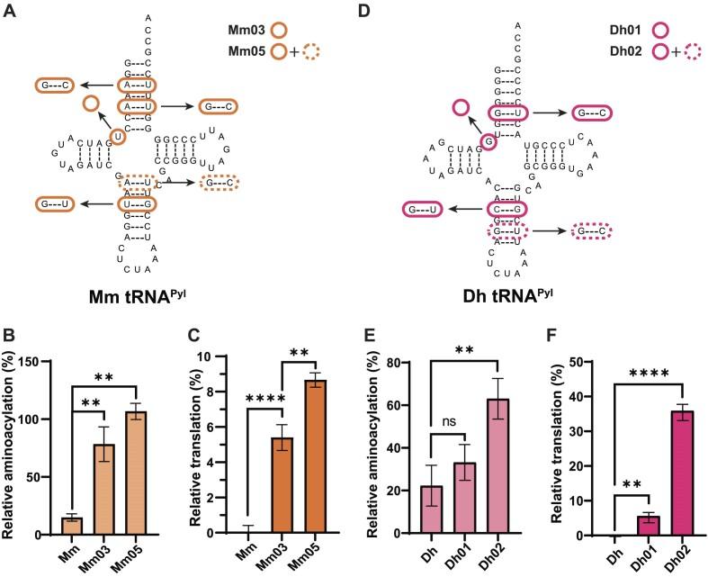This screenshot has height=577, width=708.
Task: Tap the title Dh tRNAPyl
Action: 507,293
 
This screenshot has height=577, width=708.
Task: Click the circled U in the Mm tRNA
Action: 117,137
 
